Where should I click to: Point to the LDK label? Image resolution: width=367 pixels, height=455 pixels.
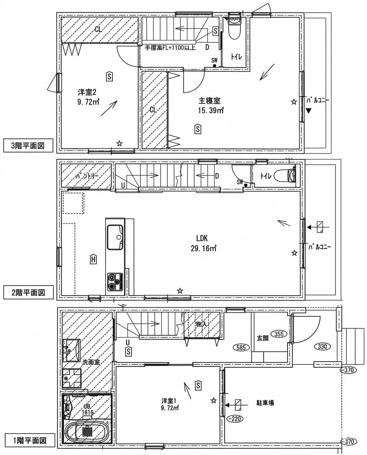202,238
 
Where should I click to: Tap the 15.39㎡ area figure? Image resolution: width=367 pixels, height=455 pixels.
211,111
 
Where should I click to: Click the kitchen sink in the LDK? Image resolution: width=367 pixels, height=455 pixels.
115,237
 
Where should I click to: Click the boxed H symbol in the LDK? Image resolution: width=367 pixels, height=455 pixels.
93,260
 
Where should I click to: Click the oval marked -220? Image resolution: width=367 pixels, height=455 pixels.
235,419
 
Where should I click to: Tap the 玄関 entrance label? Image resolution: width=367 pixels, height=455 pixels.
263,338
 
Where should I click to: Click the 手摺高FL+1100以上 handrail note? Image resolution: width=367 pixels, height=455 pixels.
170,48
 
